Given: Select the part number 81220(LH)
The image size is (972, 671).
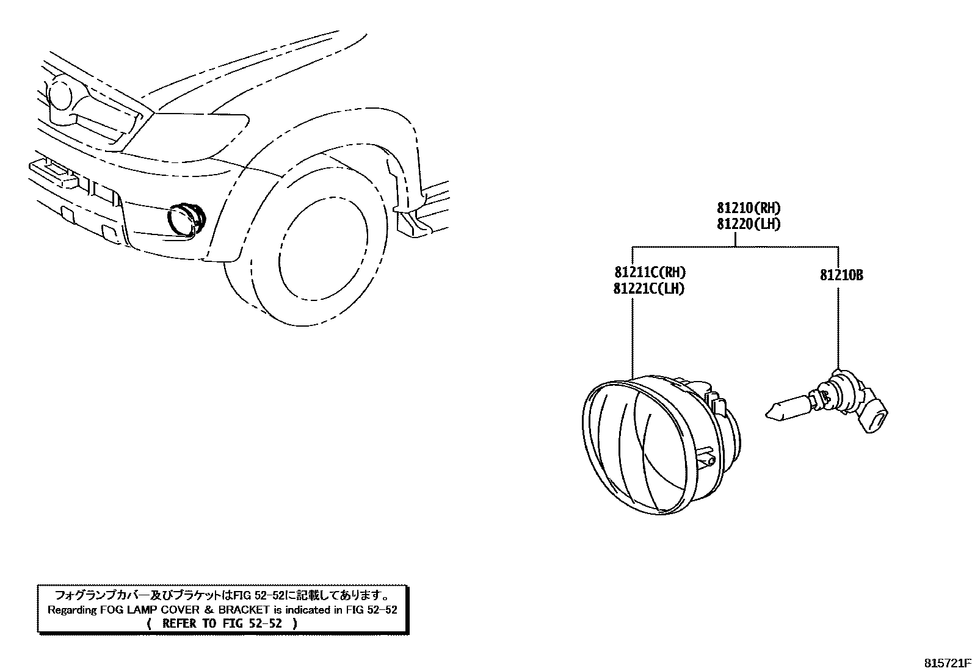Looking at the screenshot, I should [749, 224].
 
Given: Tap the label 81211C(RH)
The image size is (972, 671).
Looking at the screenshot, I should [646, 273].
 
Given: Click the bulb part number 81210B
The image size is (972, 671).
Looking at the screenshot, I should [841, 275].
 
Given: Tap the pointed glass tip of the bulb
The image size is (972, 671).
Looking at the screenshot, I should [772, 412].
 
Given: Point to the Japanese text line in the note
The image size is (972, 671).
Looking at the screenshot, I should [222, 595].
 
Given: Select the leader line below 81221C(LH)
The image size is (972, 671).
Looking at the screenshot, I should [633, 336].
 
